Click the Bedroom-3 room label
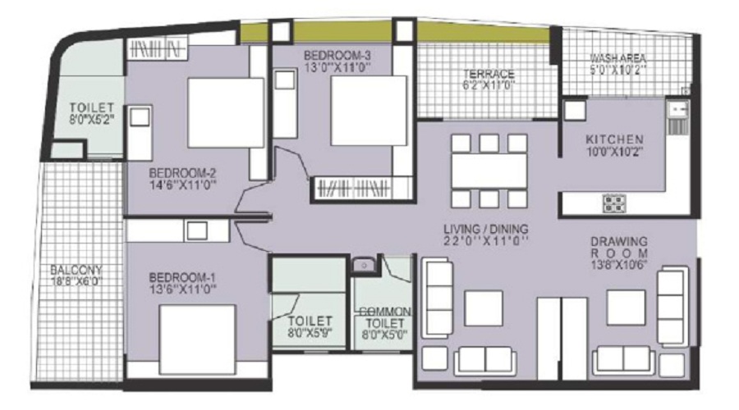337,56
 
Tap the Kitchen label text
614,139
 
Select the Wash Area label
617,58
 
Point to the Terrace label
489,74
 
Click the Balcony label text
76,271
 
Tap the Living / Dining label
486,230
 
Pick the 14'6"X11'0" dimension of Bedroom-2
183,185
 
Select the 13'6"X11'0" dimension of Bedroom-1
183,289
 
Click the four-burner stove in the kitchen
614,203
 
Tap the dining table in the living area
489,171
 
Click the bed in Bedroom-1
197,339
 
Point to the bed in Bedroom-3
369,111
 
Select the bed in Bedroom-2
226,113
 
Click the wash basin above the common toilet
364,265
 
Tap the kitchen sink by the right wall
677,118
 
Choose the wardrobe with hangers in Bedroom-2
155,48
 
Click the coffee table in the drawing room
626,307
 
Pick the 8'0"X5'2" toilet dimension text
92,119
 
